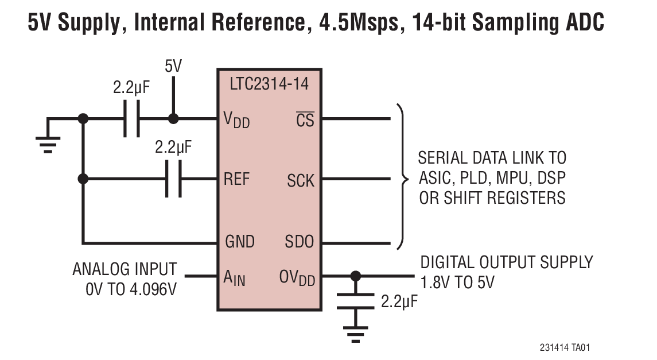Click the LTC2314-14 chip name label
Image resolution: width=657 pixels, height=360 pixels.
(x=269, y=84)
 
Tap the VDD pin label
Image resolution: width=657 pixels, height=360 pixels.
(x=236, y=121)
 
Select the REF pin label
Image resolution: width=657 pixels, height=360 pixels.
(x=236, y=179)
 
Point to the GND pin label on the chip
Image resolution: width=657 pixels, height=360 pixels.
(x=239, y=242)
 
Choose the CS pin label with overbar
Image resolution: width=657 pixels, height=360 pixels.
(x=305, y=121)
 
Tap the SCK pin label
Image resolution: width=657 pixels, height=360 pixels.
(x=301, y=181)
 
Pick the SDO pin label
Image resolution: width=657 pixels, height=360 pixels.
(x=300, y=242)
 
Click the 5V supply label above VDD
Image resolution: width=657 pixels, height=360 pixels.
(x=173, y=66)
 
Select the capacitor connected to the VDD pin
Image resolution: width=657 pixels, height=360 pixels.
(x=131, y=120)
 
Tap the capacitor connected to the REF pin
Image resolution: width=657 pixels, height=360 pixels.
(x=173, y=179)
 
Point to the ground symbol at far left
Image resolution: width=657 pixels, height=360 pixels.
(x=48, y=142)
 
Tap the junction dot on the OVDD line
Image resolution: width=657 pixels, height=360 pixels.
(x=356, y=277)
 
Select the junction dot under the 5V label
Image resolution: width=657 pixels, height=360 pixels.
(x=173, y=119)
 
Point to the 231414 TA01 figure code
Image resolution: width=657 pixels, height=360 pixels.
(x=565, y=348)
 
